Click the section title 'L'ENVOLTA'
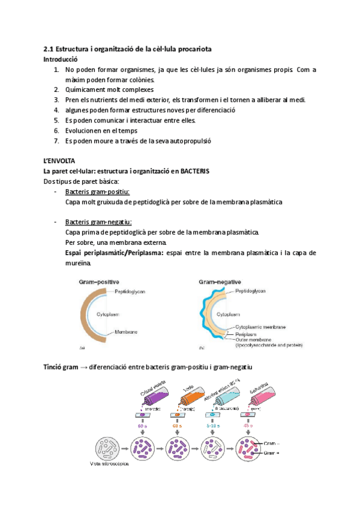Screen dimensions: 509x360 (x=59, y=161)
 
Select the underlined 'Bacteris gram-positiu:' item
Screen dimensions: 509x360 (x=97, y=192)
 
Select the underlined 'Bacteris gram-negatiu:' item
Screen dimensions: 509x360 (x=98, y=222)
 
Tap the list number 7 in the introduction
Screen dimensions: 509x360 (x=56, y=141)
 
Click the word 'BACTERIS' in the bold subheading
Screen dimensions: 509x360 (x=193, y=171)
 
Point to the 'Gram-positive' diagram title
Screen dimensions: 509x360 (x=98, y=281)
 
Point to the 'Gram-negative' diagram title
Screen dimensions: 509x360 (x=220, y=281)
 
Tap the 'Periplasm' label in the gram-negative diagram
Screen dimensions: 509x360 (x=247, y=334)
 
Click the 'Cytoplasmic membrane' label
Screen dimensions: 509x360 (x=260, y=327)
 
